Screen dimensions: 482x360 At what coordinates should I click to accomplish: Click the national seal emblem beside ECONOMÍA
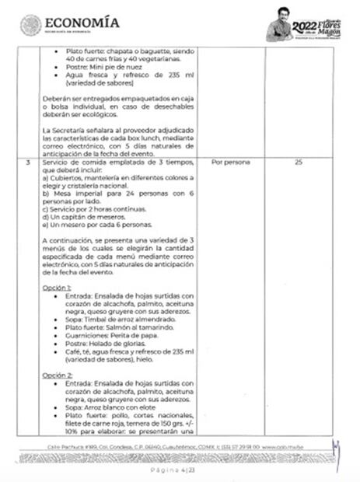[x=30, y=25]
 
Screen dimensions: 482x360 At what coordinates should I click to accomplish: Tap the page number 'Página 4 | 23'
[x=180, y=470]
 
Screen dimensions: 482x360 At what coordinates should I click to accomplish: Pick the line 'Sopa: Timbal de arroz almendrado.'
[x=112, y=319]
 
